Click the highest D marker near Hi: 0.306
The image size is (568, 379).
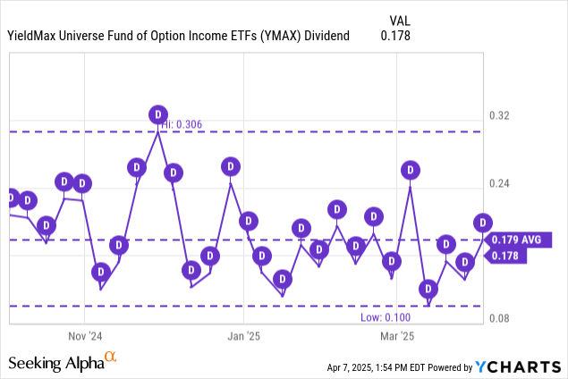pyautogui.click(x=157, y=114)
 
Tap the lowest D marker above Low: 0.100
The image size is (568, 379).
pyautogui.click(x=429, y=289)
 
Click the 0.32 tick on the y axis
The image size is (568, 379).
pyautogui.click(x=499, y=116)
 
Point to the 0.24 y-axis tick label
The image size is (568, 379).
pyautogui.click(x=499, y=184)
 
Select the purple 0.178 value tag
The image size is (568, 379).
pyautogui.click(x=506, y=257)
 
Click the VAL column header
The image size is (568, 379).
pyautogui.click(x=400, y=19)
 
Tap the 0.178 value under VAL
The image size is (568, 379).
pyautogui.click(x=395, y=36)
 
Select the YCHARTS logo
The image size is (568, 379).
pyautogui.click(x=519, y=366)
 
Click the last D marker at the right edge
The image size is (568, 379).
pyautogui.click(x=483, y=223)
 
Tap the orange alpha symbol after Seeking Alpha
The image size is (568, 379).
pyautogui.click(x=110, y=358)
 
